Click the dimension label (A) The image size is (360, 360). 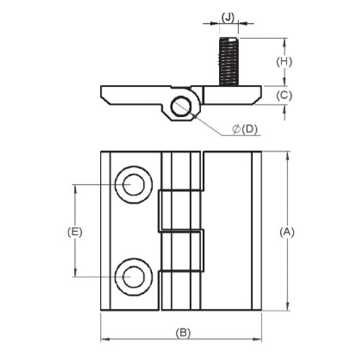287,232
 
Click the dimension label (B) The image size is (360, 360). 183,333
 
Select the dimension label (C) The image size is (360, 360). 285,94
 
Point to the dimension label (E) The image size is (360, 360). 74,232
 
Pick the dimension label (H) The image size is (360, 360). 285,62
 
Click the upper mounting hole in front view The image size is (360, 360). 133,185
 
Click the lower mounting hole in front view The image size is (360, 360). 133,276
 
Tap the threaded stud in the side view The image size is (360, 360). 228,60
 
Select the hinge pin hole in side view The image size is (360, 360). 181,107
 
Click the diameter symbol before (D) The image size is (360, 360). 236,130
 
